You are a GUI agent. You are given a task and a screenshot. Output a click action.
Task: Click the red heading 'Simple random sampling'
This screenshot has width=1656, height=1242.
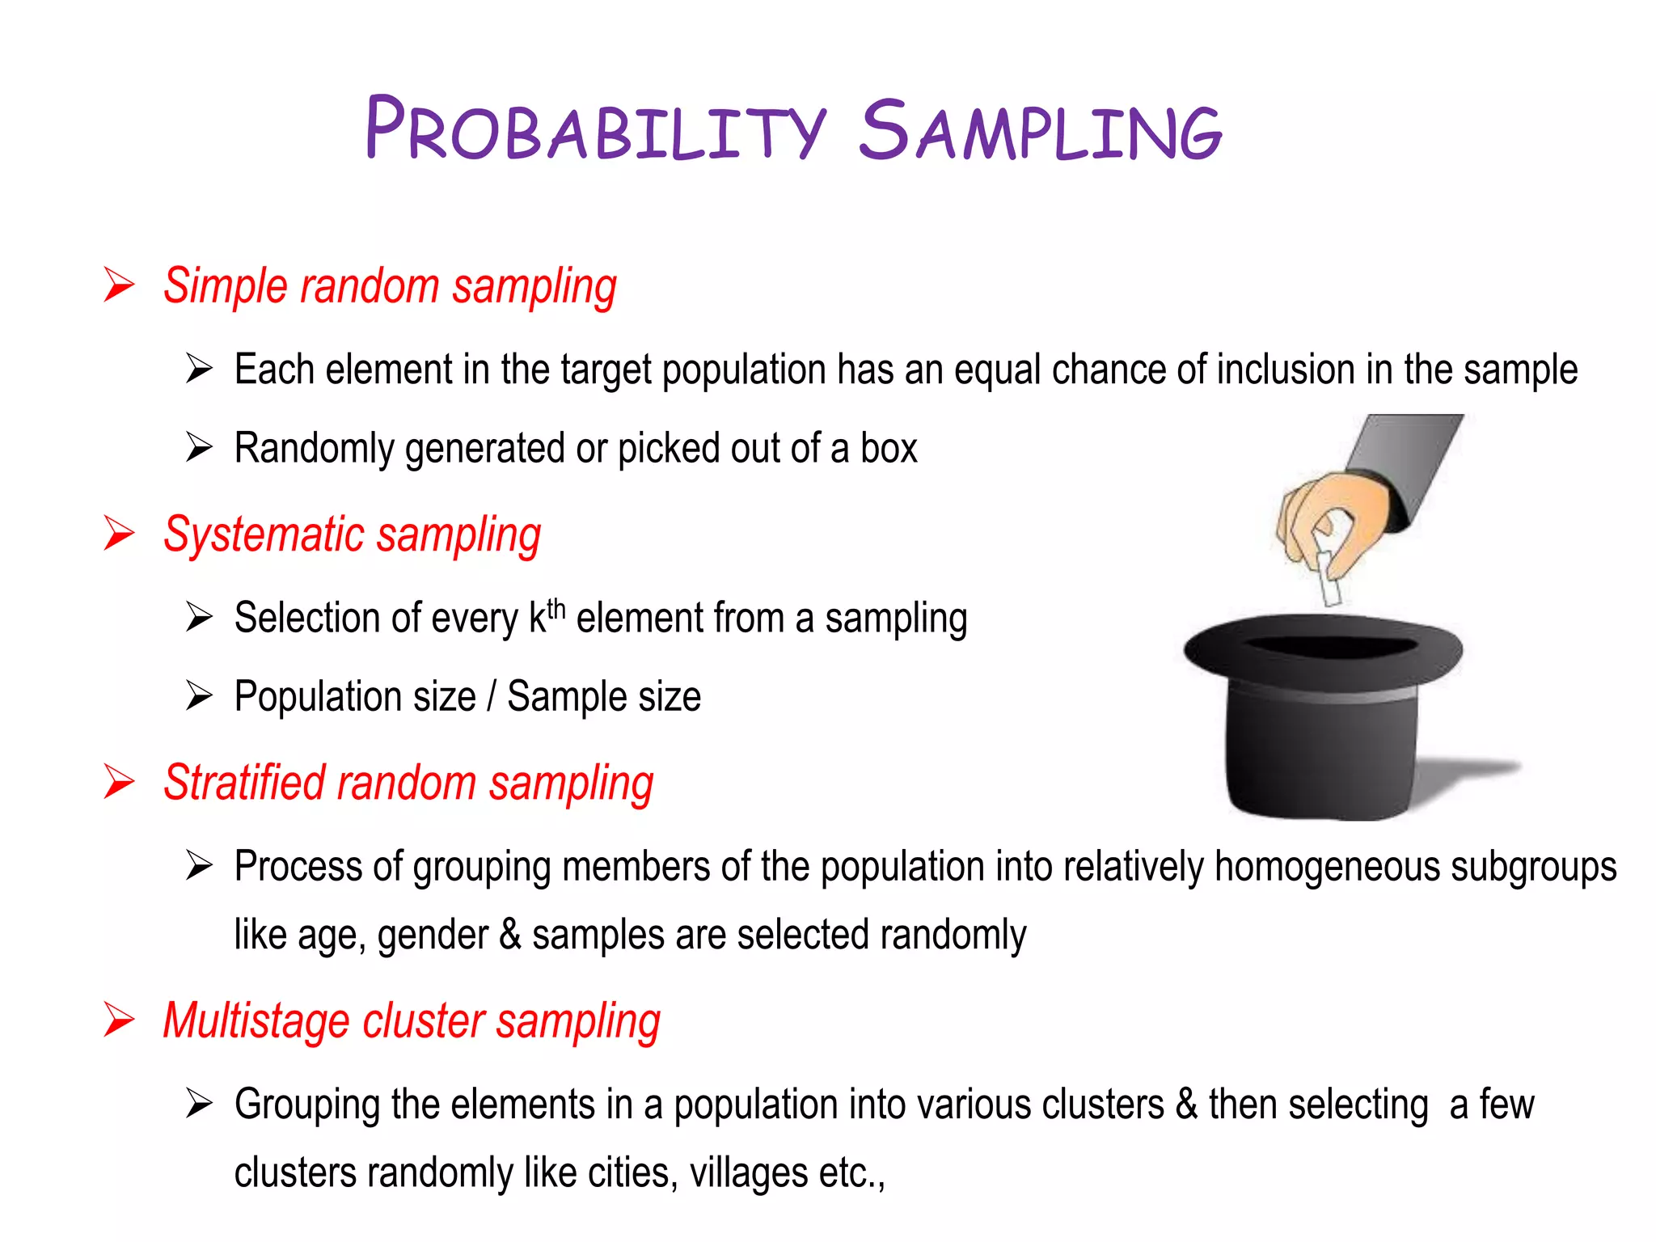(x=390, y=287)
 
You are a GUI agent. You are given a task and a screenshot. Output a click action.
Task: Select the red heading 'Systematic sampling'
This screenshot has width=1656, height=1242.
(x=352, y=535)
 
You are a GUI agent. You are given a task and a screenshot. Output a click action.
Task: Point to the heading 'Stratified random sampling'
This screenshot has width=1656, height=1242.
(x=408, y=784)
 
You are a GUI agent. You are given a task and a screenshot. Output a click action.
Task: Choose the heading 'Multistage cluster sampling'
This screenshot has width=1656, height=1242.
(x=412, y=1021)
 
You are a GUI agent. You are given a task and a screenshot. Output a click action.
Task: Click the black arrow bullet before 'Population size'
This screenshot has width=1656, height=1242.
(x=198, y=695)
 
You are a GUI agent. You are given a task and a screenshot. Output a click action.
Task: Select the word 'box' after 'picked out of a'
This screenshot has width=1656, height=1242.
(x=889, y=449)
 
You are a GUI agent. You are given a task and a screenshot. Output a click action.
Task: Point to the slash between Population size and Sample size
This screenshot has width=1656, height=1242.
(x=492, y=697)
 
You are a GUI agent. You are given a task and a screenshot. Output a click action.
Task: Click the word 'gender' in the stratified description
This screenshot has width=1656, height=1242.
(x=433, y=936)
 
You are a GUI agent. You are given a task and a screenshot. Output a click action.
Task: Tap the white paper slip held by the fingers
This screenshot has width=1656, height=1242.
(x=1329, y=577)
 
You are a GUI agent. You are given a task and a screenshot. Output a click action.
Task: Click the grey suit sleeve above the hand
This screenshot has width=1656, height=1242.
(x=1411, y=461)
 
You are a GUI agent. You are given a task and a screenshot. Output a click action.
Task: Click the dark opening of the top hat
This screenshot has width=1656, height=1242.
(x=1330, y=646)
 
